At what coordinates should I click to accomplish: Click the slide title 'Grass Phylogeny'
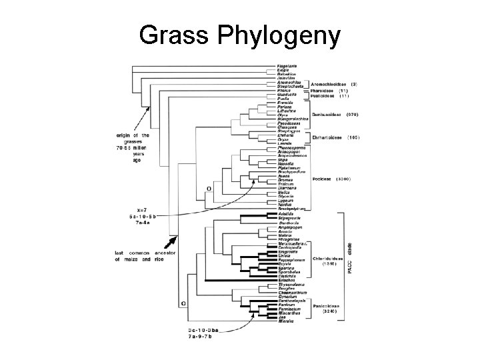point(240,34)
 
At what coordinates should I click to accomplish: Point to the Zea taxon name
point(282,317)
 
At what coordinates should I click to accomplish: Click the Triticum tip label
point(287,183)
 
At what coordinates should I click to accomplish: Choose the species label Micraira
point(286,322)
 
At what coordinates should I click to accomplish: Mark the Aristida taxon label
point(286,213)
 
